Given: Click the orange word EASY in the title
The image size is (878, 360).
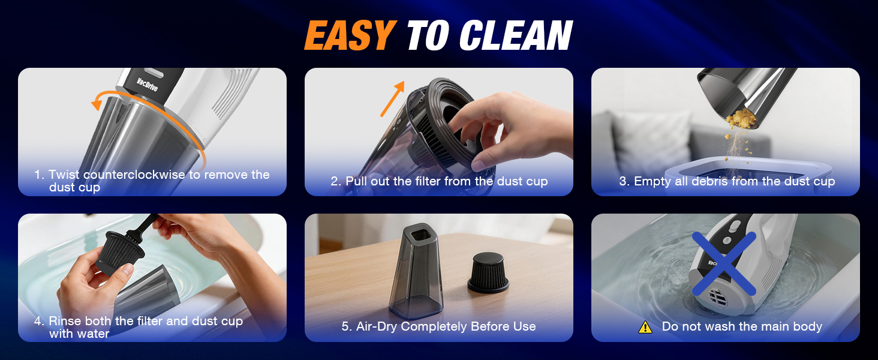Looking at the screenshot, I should [x=349, y=36].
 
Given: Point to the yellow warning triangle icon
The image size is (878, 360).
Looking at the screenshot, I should [x=645, y=327].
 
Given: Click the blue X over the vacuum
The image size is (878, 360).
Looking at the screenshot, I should [x=724, y=265].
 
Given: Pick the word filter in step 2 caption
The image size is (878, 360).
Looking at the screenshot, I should [x=424, y=181].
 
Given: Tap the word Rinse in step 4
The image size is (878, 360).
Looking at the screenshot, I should [x=66, y=321].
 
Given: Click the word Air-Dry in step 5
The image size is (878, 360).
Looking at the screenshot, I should [x=377, y=326].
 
